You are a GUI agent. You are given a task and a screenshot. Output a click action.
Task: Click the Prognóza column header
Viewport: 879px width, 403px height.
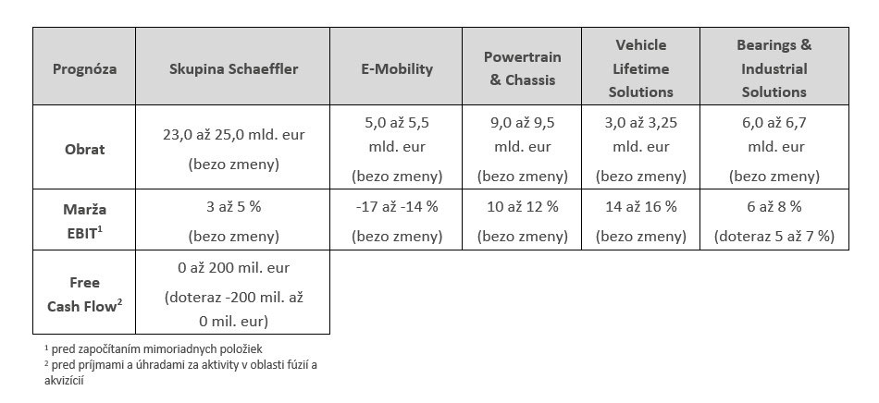click(84, 68)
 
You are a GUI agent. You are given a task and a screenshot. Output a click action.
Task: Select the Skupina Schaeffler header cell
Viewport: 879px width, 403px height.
click(233, 68)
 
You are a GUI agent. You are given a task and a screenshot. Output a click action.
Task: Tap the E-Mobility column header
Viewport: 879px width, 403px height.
click(397, 68)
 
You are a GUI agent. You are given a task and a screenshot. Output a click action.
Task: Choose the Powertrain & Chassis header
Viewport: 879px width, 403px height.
click(523, 68)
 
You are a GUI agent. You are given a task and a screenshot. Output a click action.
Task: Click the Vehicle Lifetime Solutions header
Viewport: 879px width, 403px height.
click(640, 68)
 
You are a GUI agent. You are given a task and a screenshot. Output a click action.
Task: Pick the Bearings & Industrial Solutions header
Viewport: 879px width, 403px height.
click(774, 68)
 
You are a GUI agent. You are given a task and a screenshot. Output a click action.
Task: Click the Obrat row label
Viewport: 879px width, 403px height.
click(84, 149)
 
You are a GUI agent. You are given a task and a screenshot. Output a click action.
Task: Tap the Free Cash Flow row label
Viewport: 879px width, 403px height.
click(84, 293)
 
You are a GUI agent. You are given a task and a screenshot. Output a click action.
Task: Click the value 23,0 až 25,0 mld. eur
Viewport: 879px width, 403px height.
click(233, 134)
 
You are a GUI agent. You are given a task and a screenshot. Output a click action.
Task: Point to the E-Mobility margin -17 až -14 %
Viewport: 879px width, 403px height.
click(397, 206)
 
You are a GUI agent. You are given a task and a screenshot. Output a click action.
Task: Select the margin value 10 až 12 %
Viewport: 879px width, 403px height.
click(523, 206)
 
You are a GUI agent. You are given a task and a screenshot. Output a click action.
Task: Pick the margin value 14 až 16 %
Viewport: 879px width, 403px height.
click(640, 206)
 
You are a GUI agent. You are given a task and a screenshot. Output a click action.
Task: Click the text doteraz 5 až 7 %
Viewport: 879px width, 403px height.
click(774, 237)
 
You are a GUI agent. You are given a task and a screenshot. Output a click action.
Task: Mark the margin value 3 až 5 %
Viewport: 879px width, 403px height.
click(233, 206)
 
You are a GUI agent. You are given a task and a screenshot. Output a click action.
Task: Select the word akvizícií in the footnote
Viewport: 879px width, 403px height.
click(65, 378)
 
